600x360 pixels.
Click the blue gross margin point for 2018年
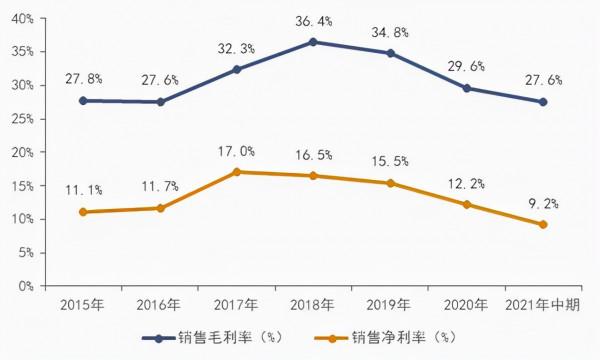coord(313,42)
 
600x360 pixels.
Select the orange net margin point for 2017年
coord(236,172)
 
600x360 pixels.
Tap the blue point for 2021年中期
coord(543,102)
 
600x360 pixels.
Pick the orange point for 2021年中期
coord(543,224)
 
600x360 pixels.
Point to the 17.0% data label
coord(236,151)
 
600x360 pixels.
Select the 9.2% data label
coord(543,203)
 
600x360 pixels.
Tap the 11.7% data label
coord(160,187)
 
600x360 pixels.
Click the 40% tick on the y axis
coord(23,18)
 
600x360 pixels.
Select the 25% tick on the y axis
coord(23,118)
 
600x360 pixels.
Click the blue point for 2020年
coord(467,88)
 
